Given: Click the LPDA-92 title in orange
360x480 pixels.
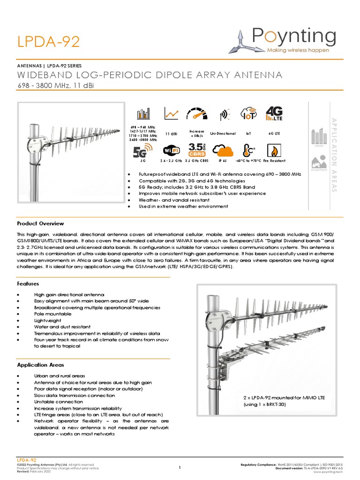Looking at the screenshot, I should pyautogui.click(x=49, y=42).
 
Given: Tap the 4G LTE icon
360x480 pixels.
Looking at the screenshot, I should pyautogui.click(x=274, y=113).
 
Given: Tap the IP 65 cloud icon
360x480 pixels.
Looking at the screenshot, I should pyautogui.click(x=222, y=150).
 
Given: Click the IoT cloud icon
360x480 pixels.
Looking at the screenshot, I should pyautogui.click(x=248, y=114).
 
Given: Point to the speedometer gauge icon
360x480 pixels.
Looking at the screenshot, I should pyautogui.click(x=196, y=114).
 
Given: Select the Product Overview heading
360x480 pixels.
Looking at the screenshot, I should pyautogui.click(x=40, y=224).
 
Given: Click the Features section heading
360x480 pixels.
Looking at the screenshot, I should pyautogui.click(x=28, y=284).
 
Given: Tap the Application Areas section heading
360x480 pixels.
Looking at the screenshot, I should pyautogui.click(x=40, y=365).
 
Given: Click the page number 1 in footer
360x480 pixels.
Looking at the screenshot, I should pyautogui.click(x=180, y=467).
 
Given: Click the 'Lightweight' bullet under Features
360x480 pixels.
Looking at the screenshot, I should pyautogui.click(x=46, y=321).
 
